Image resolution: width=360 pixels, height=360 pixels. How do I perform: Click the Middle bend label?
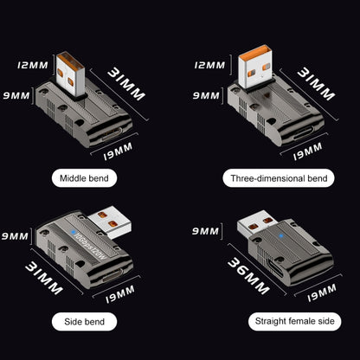[x=90, y=179]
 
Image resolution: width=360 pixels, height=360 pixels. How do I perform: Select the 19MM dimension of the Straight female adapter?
[x=322, y=297]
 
